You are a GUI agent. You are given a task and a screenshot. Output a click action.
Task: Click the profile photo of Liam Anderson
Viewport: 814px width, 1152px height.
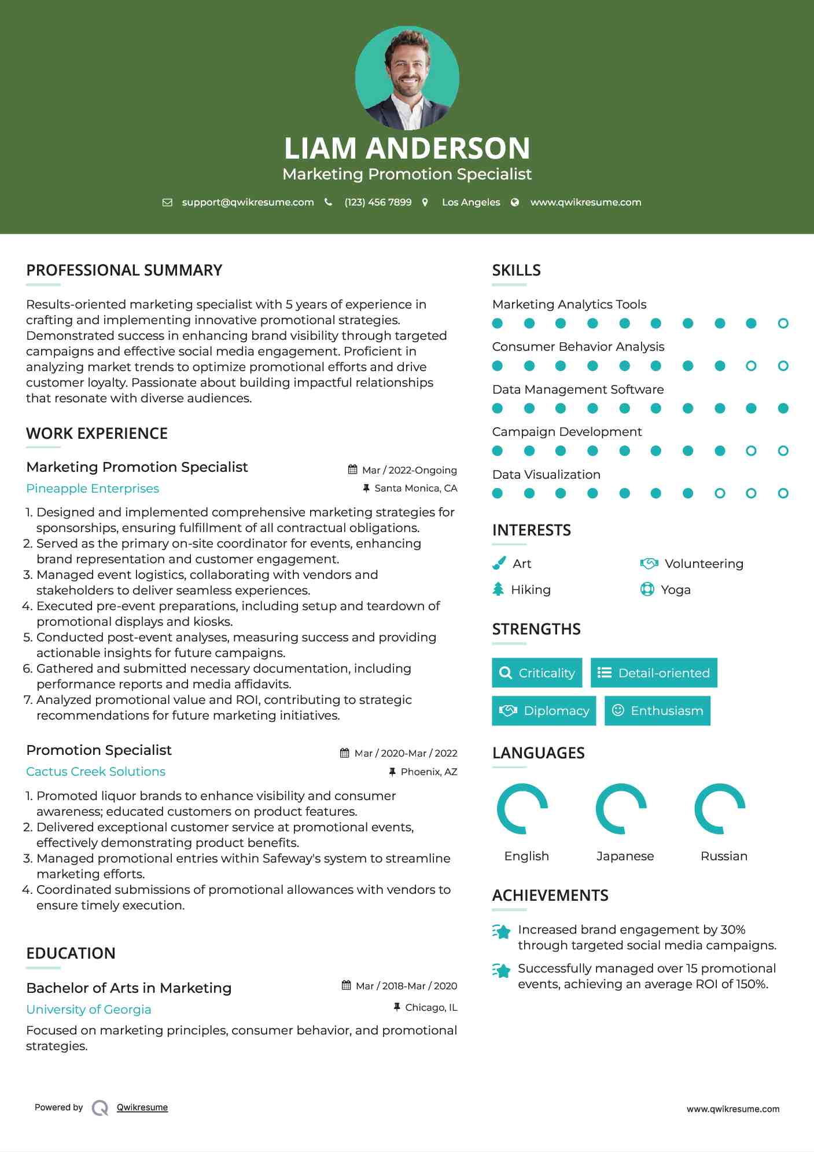[x=407, y=78]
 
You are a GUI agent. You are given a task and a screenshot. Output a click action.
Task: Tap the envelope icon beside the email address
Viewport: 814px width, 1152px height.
[x=167, y=203]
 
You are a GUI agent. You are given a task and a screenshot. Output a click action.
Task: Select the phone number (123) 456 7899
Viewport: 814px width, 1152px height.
[x=378, y=203]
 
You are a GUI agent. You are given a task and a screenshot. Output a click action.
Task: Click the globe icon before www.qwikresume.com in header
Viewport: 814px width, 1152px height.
[x=515, y=203]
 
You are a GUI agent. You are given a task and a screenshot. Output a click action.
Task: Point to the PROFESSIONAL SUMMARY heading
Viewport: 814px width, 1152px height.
[x=124, y=270]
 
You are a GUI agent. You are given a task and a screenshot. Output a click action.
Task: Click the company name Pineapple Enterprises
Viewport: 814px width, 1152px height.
[x=93, y=489]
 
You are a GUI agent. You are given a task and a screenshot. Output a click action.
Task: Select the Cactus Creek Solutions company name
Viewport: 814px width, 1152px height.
[x=95, y=772]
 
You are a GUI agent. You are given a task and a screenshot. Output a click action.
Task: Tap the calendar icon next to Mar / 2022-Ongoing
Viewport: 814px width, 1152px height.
[x=352, y=469]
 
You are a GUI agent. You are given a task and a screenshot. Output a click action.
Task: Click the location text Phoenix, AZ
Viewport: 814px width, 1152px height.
[x=429, y=772]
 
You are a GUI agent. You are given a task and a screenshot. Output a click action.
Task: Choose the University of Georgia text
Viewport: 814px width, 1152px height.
[x=89, y=1010]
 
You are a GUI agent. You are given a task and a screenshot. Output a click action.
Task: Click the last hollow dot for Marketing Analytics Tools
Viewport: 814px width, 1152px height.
[x=783, y=324]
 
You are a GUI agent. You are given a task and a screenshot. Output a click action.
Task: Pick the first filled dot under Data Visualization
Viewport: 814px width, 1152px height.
[x=498, y=493]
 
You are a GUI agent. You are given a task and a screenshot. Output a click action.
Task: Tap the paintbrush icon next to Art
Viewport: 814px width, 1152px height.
[x=499, y=563]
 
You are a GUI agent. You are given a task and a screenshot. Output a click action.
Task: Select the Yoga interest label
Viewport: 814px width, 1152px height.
[x=675, y=590]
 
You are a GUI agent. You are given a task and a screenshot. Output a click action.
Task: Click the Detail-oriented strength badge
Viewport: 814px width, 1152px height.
[x=654, y=673]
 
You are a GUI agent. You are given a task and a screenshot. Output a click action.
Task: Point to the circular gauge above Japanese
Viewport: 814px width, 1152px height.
[x=621, y=809]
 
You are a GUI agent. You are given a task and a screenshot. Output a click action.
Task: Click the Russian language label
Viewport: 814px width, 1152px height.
[x=724, y=856]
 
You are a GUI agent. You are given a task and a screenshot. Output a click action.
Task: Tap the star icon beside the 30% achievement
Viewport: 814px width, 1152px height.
[x=502, y=931]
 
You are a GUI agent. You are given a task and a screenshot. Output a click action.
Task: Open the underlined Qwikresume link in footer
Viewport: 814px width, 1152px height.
[x=142, y=1107]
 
